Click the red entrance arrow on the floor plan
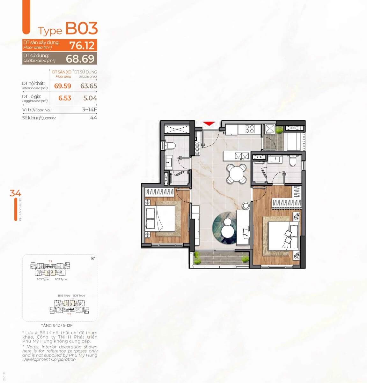pyautogui.click(x=209, y=124)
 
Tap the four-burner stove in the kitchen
pyautogui.click(x=249, y=129)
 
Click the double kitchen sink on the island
pyautogui.click(x=242, y=156)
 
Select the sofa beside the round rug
pyautogui.click(x=243, y=227)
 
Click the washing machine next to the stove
pyautogui.click(x=269, y=129)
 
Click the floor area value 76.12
pyautogui.click(x=82, y=45)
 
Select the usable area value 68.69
pyautogui.click(x=80, y=59)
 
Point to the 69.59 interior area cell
pyautogui.click(x=62, y=86)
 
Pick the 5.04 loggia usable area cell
pyautogui.click(x=90, y=98)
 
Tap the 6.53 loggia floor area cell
pyautogui.click(x=64, y=98)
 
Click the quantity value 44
pyautogui.click(x=93, y=117)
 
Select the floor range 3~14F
pyautogui.click(x=89, y=109)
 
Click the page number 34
pyautogui.click(x=15, y=193)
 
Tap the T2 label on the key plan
pyautogui.click(x=69, y=314)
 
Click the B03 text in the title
pyautogui.click(x=82, y=28)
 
